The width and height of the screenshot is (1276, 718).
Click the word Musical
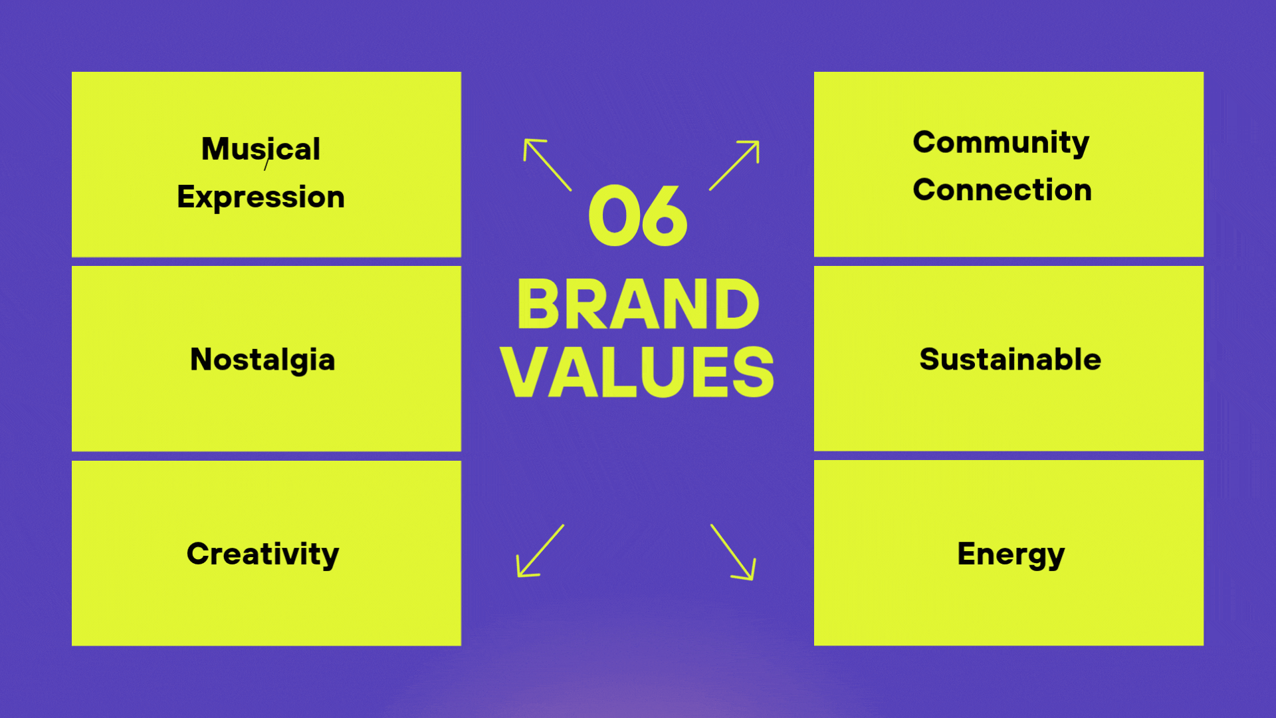(261, 149)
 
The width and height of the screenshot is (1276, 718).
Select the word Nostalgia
(263, 360)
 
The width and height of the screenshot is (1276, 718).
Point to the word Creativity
(263, 554)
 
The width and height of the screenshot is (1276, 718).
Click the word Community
(1001, 143)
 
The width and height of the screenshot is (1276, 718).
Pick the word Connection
(1002, 190)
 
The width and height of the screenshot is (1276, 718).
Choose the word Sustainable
(1010, 359)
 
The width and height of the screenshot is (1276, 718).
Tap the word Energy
(1011, 554)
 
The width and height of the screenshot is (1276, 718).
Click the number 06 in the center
(638, 215)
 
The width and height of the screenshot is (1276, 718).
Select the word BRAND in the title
(638, 304)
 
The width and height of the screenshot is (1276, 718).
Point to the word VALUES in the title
(638, 372)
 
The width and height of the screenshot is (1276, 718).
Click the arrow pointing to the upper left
(547, 164)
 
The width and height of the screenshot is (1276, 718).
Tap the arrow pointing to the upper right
(734, 166)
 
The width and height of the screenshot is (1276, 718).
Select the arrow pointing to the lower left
(540, 550)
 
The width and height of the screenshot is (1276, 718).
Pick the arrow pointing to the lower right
(733, 552)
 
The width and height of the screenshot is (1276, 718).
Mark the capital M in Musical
(215, 149)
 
